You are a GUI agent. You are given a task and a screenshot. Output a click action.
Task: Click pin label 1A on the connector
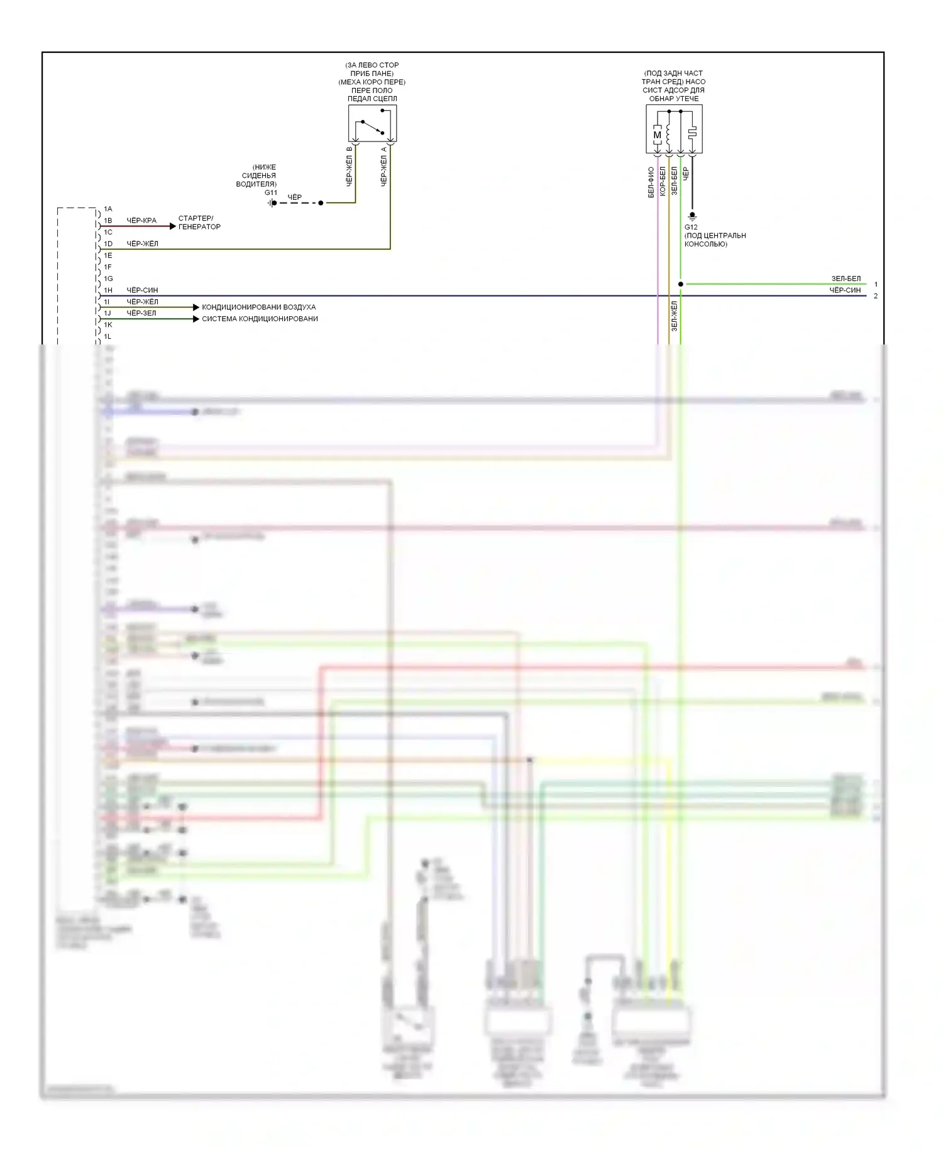108,209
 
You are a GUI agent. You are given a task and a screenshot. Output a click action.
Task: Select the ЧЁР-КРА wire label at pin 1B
141,221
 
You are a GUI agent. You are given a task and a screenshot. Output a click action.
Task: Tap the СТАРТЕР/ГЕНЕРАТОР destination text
199,223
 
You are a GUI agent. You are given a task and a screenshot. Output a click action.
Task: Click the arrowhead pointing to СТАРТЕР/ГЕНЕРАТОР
173,226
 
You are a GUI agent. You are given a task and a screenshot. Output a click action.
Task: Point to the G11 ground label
270,193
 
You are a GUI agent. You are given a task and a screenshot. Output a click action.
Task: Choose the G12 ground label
691,228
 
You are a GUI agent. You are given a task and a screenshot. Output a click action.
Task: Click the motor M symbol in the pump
657,135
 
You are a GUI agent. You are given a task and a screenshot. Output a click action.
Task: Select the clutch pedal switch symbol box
372,123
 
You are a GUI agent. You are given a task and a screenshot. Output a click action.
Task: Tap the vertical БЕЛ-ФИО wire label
651,182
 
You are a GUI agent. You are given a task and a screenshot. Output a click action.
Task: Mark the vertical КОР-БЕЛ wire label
663,181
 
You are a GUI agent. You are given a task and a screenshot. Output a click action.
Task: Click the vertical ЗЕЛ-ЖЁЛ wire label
674,316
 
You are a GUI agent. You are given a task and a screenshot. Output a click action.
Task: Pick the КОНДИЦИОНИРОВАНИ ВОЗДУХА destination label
258,307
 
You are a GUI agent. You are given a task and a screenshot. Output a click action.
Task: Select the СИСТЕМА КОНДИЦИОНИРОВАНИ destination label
260,319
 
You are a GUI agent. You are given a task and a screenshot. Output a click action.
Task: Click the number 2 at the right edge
876,296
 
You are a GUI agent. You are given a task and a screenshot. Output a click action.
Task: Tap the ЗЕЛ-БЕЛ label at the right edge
846,278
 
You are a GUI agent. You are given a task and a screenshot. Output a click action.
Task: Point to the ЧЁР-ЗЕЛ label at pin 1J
141,313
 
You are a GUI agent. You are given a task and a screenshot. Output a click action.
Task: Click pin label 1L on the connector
108,337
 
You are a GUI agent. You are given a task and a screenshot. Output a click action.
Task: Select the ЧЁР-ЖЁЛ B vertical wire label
350,167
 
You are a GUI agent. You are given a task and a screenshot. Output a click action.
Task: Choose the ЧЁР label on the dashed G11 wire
294,197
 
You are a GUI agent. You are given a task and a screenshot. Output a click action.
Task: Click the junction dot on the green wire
680,284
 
